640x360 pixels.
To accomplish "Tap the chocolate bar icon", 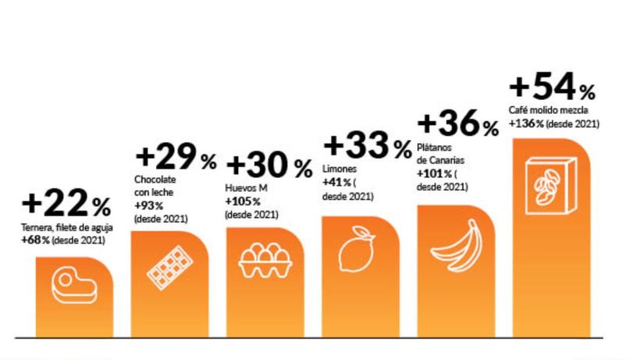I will pos(169,268).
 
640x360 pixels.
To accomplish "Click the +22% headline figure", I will pos(66,205).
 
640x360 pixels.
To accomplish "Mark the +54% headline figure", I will pos(553,84).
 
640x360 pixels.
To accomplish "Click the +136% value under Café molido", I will pos(526,123).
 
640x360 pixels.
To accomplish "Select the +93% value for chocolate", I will pos(149,206).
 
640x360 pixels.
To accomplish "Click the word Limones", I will pos(339,169).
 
